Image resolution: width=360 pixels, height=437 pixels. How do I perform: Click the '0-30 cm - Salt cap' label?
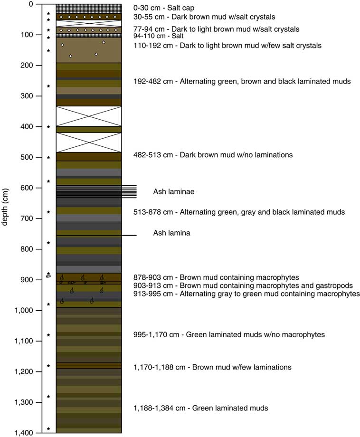coord(164,8)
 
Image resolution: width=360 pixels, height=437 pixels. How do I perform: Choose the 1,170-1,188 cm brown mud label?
coord(212,367)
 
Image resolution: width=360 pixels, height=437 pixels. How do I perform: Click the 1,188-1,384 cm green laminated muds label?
coord(201,408)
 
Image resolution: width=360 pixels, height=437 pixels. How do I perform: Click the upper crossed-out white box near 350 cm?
coord(89,116)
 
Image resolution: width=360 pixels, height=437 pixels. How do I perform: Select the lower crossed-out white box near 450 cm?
coord(89,142)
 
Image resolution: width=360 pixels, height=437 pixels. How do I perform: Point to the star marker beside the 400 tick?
coord(48,127)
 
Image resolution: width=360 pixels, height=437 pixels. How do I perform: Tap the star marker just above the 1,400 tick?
coord(48,429)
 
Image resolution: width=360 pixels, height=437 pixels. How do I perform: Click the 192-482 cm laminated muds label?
coord(242,82)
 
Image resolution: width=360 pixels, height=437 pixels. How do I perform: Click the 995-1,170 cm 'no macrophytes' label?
coord(229,335)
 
